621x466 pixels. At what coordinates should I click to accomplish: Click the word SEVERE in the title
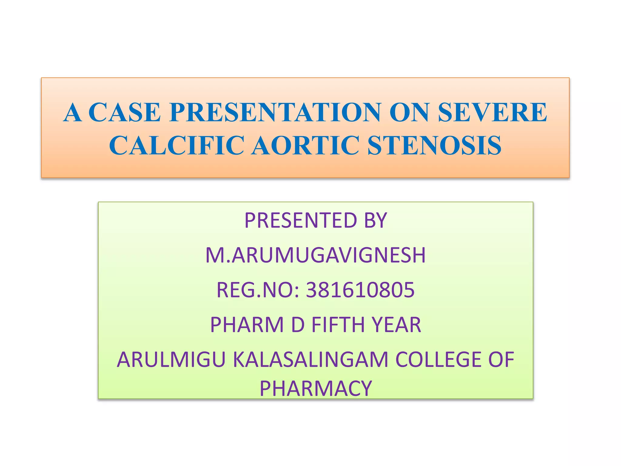pos(492,112)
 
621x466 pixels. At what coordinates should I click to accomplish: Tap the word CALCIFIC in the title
pos(176,145)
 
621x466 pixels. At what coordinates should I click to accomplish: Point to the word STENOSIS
pos(434,145)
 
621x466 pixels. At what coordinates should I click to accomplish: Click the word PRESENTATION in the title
pos(275,112)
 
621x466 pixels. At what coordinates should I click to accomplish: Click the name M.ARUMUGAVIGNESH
pos(315,255)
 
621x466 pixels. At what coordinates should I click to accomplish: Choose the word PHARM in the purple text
pos(247,325)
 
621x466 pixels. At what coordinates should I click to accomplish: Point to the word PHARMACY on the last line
pos(315,388)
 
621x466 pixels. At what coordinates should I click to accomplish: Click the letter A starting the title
pos(73,112)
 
